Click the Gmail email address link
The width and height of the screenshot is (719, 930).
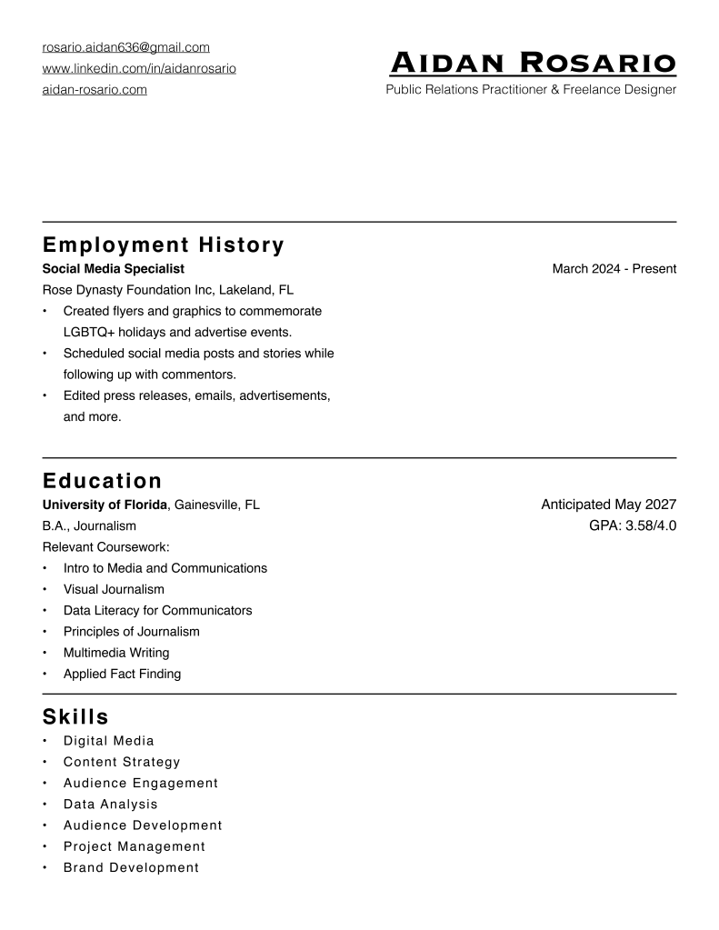pyautogui.click(x=126, y=47)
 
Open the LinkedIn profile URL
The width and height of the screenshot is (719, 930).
pyautogui.click(x=139, y=69)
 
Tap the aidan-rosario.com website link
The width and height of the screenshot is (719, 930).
pyautogui.click(x=95, y=90)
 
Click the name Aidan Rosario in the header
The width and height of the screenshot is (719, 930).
pyautogui.click(x=533, y=63)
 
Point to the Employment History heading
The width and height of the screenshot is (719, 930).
pyautogui.click(x=164, y=245)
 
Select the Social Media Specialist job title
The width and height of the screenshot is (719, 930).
pyautogui.click(x=114, y=269)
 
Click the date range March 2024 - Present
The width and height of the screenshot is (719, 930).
pyautogui.click(x=614, y=269)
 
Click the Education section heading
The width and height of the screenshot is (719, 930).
pyautogui.click(x=102, y=481)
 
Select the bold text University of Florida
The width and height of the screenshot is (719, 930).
pyautogui.click(x=105, y=505)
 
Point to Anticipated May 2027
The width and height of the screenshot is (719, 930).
pyautogui.click(x=608, y=505)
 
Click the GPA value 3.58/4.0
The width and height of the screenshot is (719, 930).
pyautogui.click(x=650, y=525)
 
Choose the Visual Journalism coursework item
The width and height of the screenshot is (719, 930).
pyautogui.click(x=114, y=589)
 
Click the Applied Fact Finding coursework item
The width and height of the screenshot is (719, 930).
pyautogui.click(x=122, y=674)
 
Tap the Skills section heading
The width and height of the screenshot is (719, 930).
pyautogui.click(x=75, y=717)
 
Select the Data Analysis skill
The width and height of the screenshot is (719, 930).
pyautogui.click(x=110, y=805)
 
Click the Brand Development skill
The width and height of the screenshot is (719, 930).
pyautogui.click(x=131, y=867)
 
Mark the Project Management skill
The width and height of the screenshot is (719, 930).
pyautogui.click(x=135, y=846)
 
